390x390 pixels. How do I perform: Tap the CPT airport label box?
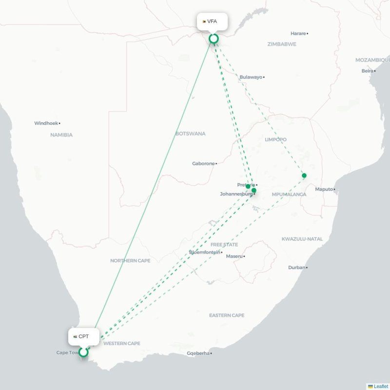tap(83, 336)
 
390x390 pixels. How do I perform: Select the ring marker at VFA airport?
tap(213, 39)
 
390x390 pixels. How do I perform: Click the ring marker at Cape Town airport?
tap(83, 351)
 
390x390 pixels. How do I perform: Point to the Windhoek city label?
tap(46, 123)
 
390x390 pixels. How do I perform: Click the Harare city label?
tap(298, 33)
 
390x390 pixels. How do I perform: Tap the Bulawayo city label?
tap(251, 77)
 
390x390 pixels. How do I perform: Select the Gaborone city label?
tap(203, 163)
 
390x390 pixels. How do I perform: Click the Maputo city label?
tap(324, 189)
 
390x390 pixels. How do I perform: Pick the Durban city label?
tap(296, 267)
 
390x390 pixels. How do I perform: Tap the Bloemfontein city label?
tap(204, 252)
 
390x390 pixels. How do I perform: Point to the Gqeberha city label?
tap(198, 353)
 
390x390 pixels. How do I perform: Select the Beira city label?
tap(367, 71)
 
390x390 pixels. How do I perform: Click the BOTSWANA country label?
tap(190, 134)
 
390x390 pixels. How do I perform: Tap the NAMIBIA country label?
tap(61, 135)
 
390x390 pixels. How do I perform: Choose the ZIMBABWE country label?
tap(282, 44)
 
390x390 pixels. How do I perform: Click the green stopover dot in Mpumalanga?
tap(304, 175)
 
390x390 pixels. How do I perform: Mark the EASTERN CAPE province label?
tap(227, 315)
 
